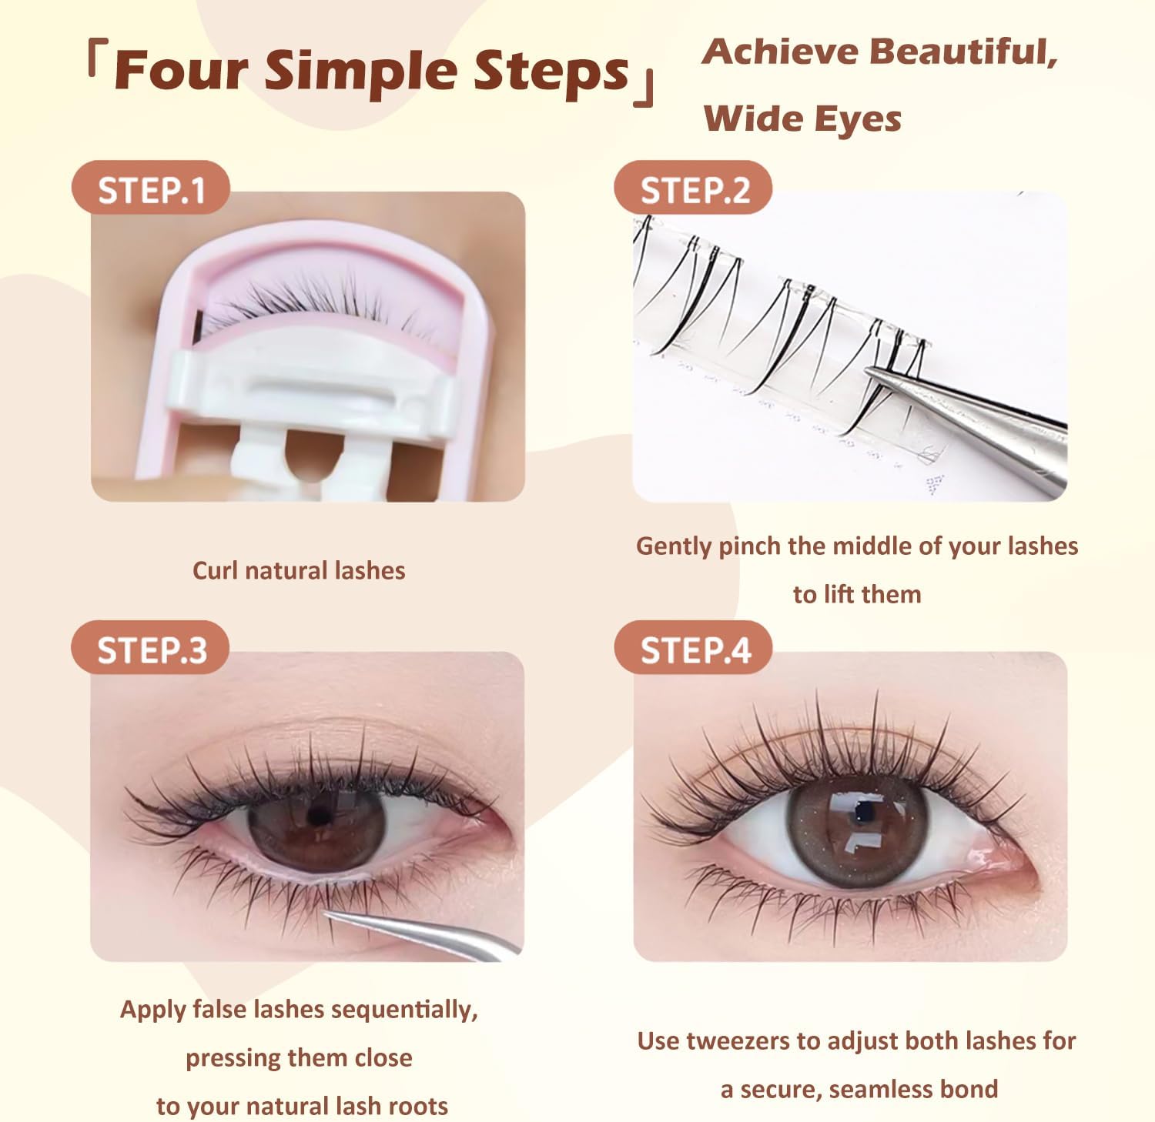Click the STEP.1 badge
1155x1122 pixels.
click(151, 189)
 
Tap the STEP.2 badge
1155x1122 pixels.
click(694, 189)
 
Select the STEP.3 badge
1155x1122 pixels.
click(151, 649)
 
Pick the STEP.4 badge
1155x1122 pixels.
click(694, 649)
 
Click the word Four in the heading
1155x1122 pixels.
click(182, 71)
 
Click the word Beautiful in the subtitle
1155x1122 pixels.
click(962, 52)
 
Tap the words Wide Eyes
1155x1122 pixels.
click(802, 119)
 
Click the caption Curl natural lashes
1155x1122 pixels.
click(299, 570)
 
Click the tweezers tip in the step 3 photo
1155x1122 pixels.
click(327, 913)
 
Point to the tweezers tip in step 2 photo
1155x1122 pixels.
click(870, 370)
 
